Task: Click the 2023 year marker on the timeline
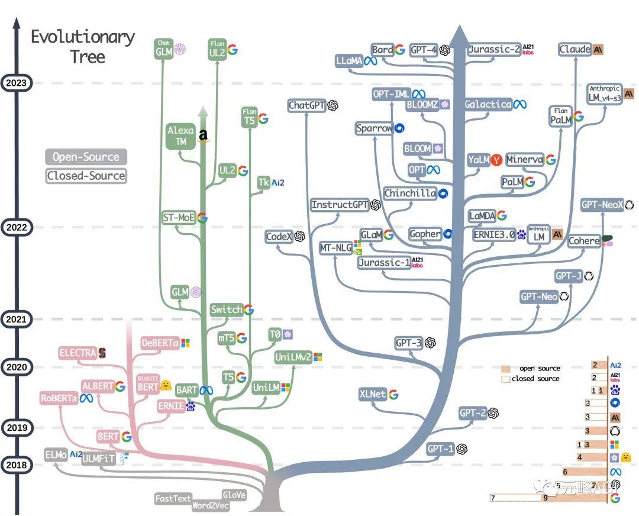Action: pyautogui.click(x=16, y=83)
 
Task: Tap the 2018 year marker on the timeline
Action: pyautogui.click(x=16, y=465)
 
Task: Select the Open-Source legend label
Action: pyautogui.click(x=86, y=157)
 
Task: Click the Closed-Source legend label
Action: pyautogui.click(x=86, y=176)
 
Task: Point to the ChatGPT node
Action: pyautogui.click(x=306, y=105)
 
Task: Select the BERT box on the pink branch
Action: pyautogui.click(x=108, y=437)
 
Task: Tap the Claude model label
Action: pyautogui.click(x=575, y=50)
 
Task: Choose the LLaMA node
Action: pyautogui.click(x=349, y=61)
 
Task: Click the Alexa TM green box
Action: pyautogui.click(x=180, y=136)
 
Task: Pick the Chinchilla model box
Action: pyautogui.click(x=410, y=193)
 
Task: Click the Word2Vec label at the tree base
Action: pyautogui.click(x=210, y=506)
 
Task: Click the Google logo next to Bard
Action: pyautogui.click(x=400, y=50)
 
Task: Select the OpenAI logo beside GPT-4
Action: pyautogui.click(x=445, y=50)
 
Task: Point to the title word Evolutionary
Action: pyautogui.click(x=83, y=37)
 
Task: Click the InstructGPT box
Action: pyautogui.click(x=340, y=205)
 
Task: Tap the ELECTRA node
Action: pyautogui.click(x=77, y=353)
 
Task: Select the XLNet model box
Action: pyautogui.click(x=372, y=394)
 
